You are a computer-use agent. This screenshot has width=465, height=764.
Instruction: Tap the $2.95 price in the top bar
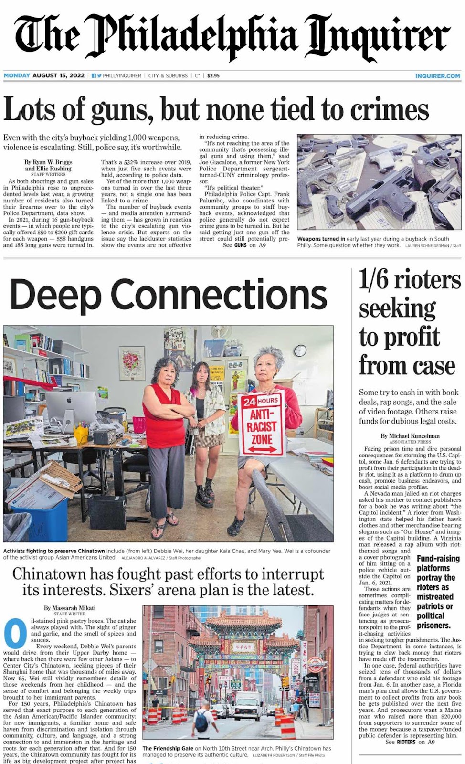[213, 76]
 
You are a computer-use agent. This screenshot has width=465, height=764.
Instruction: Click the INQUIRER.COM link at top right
[437, 76]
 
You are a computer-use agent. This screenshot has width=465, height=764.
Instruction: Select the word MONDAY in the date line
[17, 76]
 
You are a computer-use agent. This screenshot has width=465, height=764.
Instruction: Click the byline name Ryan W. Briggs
[48, 162]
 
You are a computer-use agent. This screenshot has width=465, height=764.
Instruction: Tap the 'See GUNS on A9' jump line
[244, 245]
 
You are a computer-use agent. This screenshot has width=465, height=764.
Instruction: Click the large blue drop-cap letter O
[15, 634]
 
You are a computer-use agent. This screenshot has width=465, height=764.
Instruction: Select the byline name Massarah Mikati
[70, 608]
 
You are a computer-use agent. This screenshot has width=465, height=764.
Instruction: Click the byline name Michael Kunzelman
[410, 436]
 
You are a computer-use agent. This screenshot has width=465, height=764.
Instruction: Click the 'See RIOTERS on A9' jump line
[410, 742]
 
